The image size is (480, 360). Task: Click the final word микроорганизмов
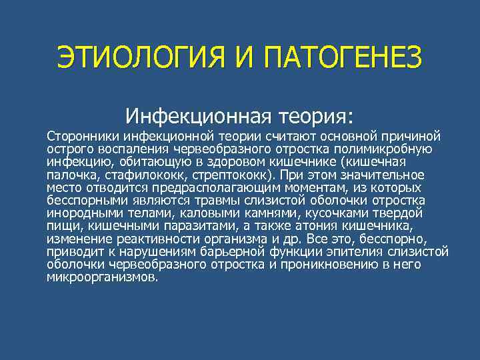click(x=102, y=277)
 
